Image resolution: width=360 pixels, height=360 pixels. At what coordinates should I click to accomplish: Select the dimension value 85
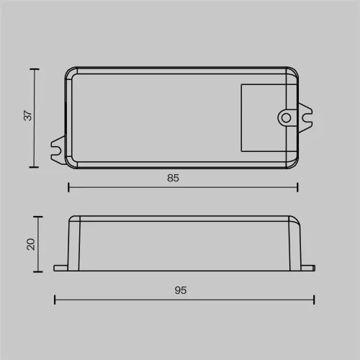click(173, 177)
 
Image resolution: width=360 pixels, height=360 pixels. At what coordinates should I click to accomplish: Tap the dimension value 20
click(30, 243)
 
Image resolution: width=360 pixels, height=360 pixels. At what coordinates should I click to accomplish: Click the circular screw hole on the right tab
click(286, 117)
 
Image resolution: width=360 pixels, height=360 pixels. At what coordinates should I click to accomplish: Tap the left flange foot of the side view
click(60, 267)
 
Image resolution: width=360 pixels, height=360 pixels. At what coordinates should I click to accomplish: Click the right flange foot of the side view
click(308, 267)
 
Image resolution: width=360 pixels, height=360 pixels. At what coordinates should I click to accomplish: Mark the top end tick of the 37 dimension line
click(34, 68)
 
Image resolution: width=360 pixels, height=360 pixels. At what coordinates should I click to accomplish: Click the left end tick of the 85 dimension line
click(68, 187)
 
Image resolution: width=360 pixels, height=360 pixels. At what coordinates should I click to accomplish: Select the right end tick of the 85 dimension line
click(297, 187)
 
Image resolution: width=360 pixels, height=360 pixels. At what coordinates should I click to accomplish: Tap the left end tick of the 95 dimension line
click(55, 299)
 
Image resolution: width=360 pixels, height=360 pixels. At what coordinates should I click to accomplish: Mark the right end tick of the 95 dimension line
click(314, 299)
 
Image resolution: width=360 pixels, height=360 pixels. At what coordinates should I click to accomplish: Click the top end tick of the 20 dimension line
click(37, 216)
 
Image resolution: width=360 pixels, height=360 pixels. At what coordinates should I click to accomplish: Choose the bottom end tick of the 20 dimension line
click(37, 271)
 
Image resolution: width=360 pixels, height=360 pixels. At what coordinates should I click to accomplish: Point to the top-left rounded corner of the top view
click(70, 72)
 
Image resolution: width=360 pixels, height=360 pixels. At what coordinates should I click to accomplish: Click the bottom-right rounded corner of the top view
click(294, 163)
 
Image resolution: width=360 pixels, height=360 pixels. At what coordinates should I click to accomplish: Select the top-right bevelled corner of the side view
click(295, 220)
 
